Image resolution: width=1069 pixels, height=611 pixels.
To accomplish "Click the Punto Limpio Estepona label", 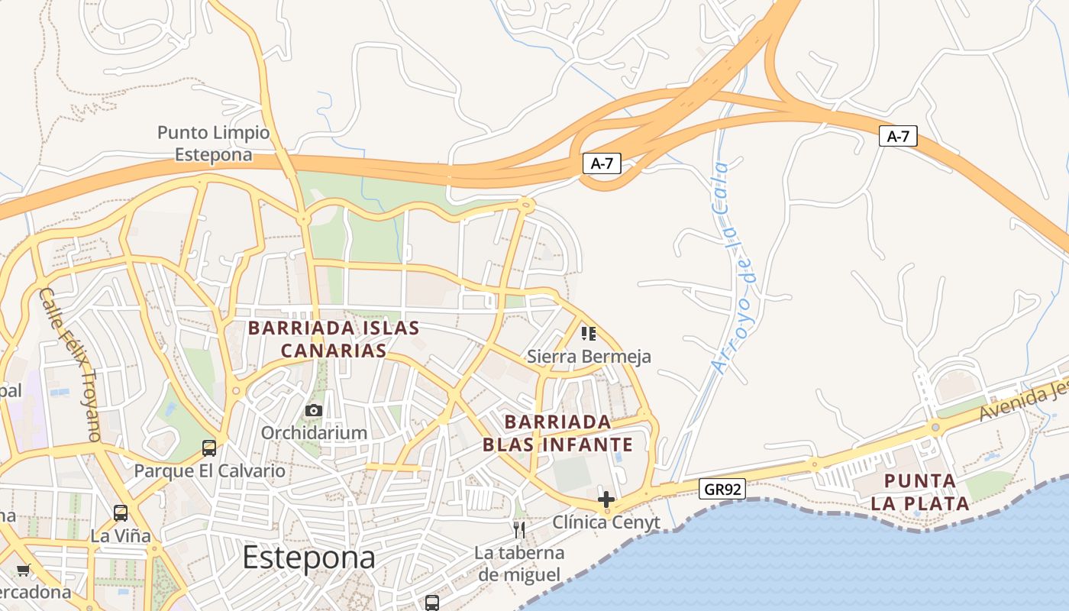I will pyautogui.click(x=213, y=144).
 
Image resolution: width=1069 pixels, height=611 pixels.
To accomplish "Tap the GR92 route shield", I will pyautogui.click(x=722, y=489).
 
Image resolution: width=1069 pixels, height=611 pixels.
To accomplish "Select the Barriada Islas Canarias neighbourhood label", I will pyautogui.click(x=334, y=339).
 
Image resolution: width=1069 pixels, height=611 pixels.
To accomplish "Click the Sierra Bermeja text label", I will pyautogui.click(x=589, y=357).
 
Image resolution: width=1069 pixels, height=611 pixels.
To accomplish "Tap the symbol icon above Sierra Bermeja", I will pyautogui.click(x=588, y=333).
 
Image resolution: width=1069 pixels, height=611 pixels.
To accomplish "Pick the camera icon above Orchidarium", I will pyautogui.click(x=313, y=411).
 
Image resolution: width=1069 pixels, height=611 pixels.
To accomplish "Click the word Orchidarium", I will pyautogui.click(x=314, y=433).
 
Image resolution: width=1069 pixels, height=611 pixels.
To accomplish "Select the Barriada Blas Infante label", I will pyautogui.click(x=557, y=433).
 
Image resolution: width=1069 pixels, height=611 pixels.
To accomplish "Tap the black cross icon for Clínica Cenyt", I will pyautogui.click(x=606, y=500).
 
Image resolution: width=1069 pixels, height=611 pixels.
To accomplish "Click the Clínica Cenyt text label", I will pyautogui.click(x=606, y=522).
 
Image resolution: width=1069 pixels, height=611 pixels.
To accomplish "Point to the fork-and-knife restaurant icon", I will pyautogui.click(x=519, y=530).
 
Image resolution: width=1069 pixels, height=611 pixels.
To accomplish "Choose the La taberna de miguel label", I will pyautogui.click(x=519, y=563).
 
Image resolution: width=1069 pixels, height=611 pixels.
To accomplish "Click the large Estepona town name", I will pyautogui.click(x=308, y=558).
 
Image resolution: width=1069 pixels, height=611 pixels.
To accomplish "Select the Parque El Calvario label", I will pyautogui.click(x=209, y=470).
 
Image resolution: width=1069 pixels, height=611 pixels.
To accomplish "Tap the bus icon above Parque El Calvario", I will pyautogui.click(x=209, y=448).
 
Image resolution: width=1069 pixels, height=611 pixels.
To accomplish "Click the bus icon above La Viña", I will pyautogui.click(x=121, y=513).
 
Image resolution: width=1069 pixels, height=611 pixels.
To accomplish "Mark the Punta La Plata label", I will pyautogui.click(x=919, y=493).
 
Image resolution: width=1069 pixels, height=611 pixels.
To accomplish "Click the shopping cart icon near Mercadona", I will pyautogui.click(x=24, y=571).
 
